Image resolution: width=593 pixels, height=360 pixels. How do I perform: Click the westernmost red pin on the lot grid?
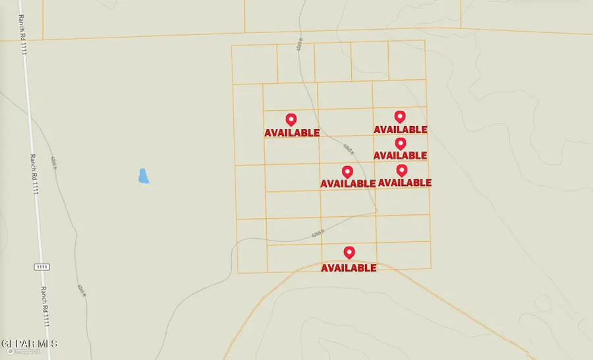[x=291, y=119]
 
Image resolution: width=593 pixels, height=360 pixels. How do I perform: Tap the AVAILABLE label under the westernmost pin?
[x=292, y=133]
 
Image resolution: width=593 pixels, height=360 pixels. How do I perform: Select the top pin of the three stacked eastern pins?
[x=399, y=117]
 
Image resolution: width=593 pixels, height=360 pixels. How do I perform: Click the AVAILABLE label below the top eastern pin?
[x=401, y=129]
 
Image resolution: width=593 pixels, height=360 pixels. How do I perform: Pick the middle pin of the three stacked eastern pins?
[x=400, y=143]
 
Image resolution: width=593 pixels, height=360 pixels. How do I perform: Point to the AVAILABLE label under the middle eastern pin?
[x=401, y=155]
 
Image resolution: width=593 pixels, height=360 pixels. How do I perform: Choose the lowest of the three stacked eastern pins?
[x=401, y=170]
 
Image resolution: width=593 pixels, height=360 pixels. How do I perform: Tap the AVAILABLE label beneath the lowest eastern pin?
[x=405, y=182]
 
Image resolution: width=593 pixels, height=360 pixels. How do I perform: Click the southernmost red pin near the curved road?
[x=349, y=252]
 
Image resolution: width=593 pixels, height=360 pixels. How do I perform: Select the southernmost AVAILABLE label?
[x=349, y=268]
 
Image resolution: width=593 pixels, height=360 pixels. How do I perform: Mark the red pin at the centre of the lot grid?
[x=347, y=171]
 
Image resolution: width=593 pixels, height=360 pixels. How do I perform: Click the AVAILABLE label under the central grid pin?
[x=347, y=183]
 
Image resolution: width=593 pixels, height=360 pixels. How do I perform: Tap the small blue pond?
[x=143, y=176]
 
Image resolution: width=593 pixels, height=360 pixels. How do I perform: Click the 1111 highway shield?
[x=42, y=267]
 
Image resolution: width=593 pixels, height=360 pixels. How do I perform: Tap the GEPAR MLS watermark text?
[x=29, y=344]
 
